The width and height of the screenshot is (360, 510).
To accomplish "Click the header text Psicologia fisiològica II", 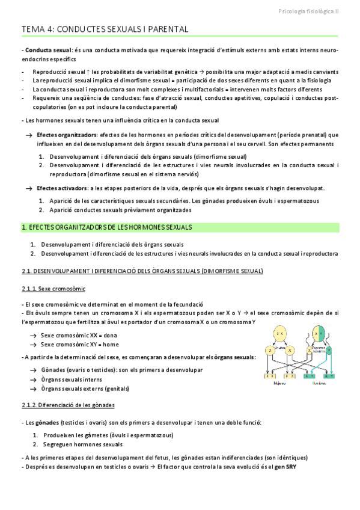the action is [x=309, y=10].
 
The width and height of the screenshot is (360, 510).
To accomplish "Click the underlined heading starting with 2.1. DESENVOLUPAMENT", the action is [x=142, y=271].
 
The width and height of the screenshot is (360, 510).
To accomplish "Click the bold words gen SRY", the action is [x=285, y=467].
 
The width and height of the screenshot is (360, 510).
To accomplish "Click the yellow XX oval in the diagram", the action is [x=280, y=332].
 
